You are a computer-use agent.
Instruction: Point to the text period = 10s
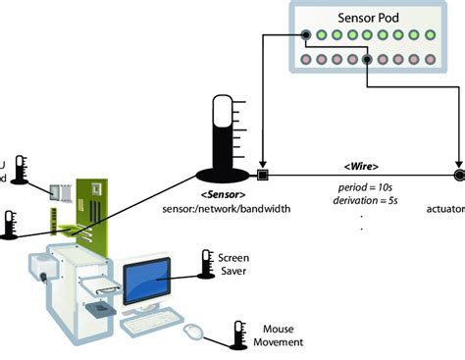pyautogui.click(x=361, y=187)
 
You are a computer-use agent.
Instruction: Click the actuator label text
pyautogui.click(x=446, y=207)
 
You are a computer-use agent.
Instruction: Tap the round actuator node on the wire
pyautogui.click(x=458, y=177)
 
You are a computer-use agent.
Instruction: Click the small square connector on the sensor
pyautogui.click(x=262, y=177)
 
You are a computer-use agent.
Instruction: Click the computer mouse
pyautogui.click(x=195, y=334)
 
